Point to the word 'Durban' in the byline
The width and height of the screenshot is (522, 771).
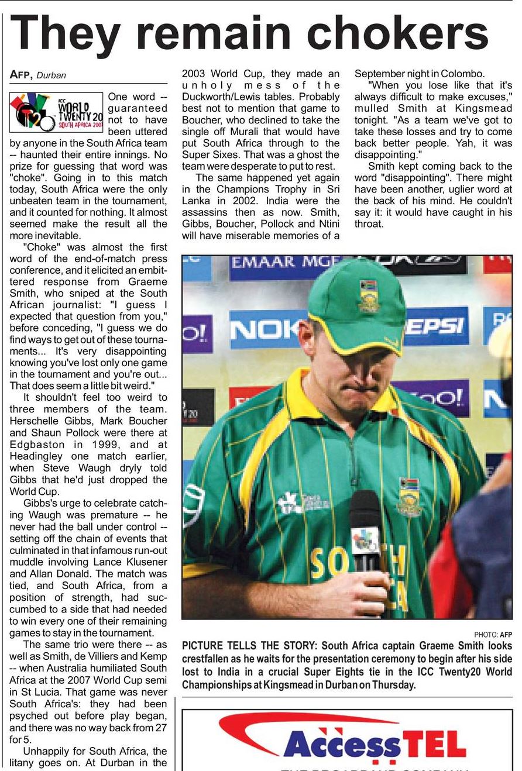[x=51, y=75]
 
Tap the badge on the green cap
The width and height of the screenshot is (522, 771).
[x=368, y=296]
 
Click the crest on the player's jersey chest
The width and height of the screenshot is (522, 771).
[x=410, y=497]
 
